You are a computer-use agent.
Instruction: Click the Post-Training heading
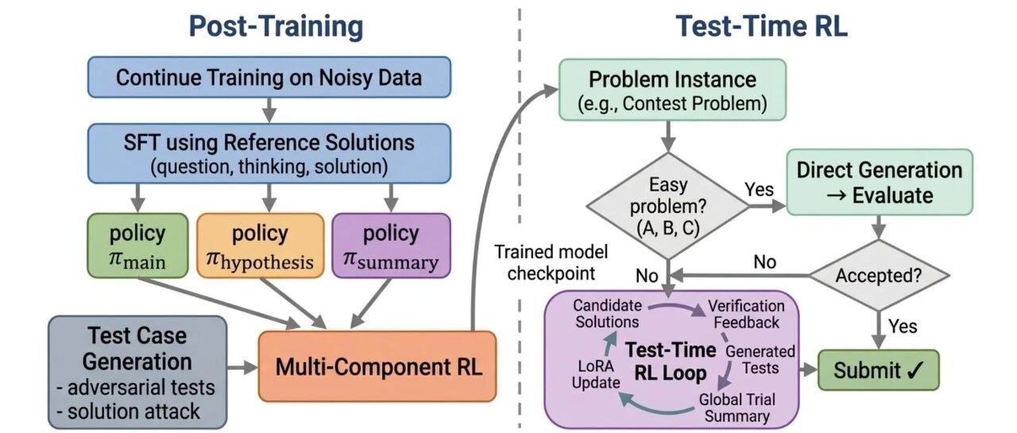tap(276, 26)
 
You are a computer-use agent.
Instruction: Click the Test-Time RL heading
tap(761, 26)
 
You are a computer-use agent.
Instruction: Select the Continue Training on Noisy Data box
tap(269, 77)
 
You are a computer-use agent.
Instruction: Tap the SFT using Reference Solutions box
tap(269, 154)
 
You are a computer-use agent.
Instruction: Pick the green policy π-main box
tap(137, 245)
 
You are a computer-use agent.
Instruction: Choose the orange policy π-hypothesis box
tap(260, 245)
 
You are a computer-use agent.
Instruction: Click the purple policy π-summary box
tap(392, 245)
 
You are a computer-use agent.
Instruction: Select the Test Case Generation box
tap(137, 373)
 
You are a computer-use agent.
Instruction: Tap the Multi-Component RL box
tap(377, 366)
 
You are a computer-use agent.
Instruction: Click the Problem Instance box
tap(672, 90)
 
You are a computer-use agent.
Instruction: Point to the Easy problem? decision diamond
tap(668, 207)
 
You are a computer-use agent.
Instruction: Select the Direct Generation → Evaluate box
tap(880, 182)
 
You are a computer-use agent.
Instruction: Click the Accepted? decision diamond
tap(879, 275)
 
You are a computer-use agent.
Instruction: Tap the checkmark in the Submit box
tap(915, 370)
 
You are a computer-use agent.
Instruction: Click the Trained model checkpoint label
tap(551, 262)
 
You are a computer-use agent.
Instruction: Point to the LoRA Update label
tap(596, 374)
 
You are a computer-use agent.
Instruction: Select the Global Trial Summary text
tap(737, 408)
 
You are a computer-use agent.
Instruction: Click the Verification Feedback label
tap(746, 314)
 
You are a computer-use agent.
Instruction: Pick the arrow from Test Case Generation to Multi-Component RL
tap(242, 367)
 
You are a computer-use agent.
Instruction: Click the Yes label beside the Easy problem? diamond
tap(759, 189)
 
